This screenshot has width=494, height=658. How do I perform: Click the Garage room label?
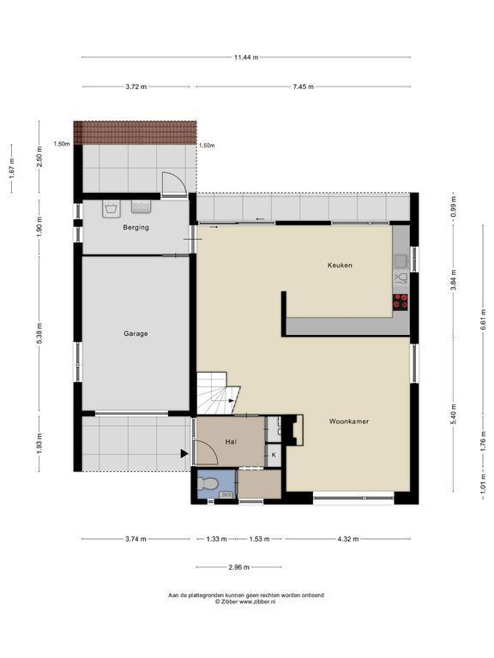(x=136, y=333)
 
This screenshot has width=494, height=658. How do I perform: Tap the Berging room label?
(x=136, y=227)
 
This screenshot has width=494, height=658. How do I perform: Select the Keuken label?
(x=340, y=266)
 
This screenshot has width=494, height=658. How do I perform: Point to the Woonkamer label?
(x=349, y=422)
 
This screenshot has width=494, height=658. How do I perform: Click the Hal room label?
(x=231, y=442)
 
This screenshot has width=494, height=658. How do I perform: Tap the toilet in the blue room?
(x=207, y=484)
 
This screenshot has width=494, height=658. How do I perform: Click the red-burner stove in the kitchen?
(x=401, y=302)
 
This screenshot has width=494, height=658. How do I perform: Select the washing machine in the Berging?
(x=111, y=208)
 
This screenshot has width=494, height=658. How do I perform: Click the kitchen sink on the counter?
(x=401, y=261)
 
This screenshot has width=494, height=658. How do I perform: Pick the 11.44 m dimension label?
(x=246, y=57)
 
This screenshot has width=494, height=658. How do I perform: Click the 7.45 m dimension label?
(x=303, y=87)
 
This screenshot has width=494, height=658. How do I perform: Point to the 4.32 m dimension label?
(x=348, y=539)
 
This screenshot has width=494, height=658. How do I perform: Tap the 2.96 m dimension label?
(x=238, y=567)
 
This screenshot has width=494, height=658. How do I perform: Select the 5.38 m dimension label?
(x=39, y=333)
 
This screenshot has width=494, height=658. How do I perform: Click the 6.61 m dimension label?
(x=483, y=320)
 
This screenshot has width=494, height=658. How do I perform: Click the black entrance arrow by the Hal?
(x=184, y=453)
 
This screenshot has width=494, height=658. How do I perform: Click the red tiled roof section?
(x=135, y=133)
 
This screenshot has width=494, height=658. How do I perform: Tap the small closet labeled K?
(x=274, y=454)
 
